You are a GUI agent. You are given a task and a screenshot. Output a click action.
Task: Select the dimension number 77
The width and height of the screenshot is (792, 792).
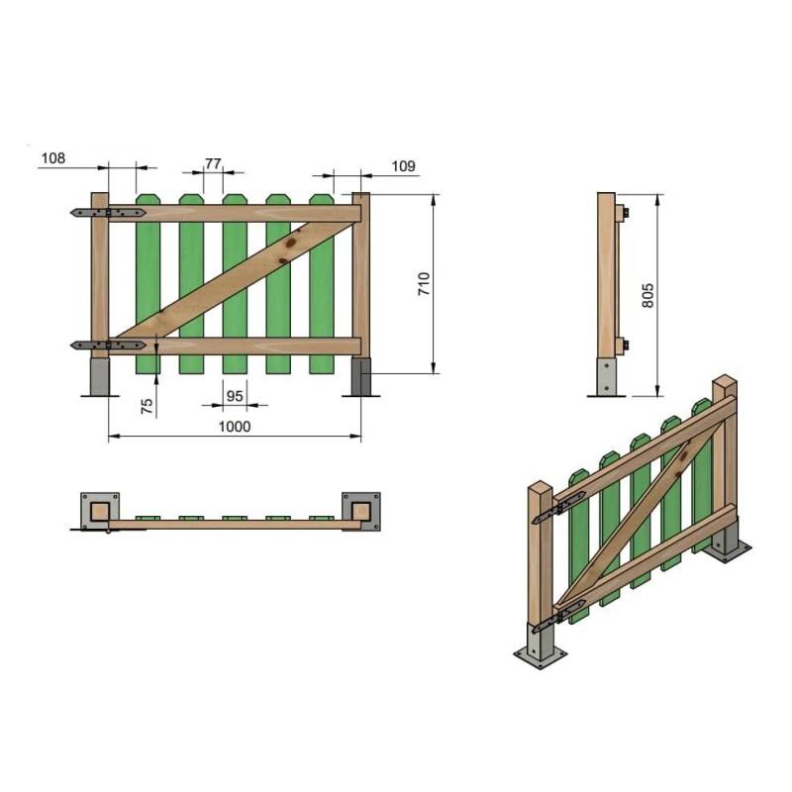click(213, 163)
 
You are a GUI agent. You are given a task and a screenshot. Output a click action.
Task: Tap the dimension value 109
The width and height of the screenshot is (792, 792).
click(403, 166)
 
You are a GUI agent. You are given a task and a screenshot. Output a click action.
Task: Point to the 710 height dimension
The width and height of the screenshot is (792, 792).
click(423, 285)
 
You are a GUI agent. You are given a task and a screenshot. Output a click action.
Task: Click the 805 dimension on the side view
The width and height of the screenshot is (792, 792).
click(647, 295)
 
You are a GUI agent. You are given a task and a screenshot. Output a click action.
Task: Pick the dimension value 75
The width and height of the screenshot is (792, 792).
click(147, 406)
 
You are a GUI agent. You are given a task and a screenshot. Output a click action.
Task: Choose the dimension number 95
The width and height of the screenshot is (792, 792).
click(235, 395)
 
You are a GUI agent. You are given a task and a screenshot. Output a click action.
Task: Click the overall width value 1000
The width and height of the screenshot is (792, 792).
click(235, 427)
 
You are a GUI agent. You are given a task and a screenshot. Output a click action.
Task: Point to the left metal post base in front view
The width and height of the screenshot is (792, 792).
click(100, 376)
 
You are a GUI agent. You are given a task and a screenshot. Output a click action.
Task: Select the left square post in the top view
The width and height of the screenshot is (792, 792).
click(99, 511)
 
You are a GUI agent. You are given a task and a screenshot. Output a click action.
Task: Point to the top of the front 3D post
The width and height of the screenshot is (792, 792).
click(540, 486)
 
